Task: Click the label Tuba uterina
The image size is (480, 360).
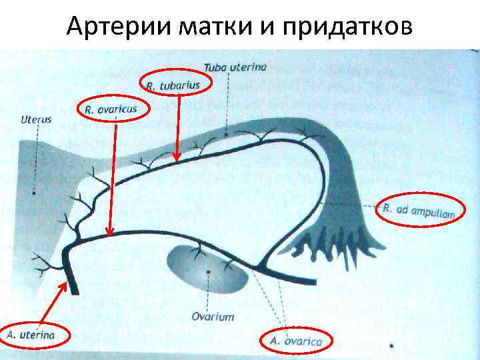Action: pyautogui.click(x=235, y=67)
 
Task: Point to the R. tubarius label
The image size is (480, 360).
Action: pyautogui.click(x=173, y=85)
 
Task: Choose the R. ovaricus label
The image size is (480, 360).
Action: pyautogui.click(x=111, y=109)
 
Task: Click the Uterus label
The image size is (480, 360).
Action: pyautogui.click(x=36, y=120)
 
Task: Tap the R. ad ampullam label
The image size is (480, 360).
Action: pyautogui.click(x=419, y=211)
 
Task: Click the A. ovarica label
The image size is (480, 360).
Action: pyautogui.click(x=296, y=341)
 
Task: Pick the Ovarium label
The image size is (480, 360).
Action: pyautogui.click(x=213, y=316)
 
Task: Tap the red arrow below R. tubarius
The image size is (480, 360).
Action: pyautogui.click(x=176, y=127)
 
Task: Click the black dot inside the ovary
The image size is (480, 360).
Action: pyautogui.click(x=209, y=272)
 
